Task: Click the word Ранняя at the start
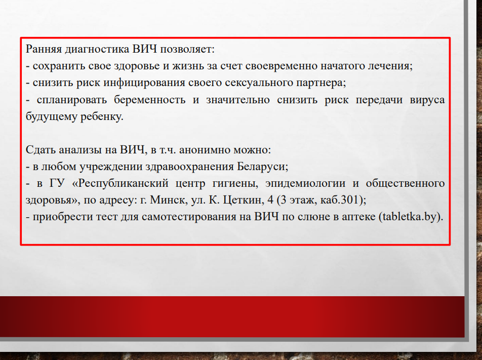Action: (x=44, y=49)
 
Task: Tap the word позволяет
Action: (x=187, y=49)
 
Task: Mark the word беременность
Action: (x=150, y=100)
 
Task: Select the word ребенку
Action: (x=102, y=116)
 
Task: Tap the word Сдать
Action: (x=41, y=150)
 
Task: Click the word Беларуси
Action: (x=262, y=167)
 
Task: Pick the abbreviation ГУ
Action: (x=57, y=183)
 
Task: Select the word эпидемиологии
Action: (x=305, y=183)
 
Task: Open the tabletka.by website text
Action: (x=410, y=217)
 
